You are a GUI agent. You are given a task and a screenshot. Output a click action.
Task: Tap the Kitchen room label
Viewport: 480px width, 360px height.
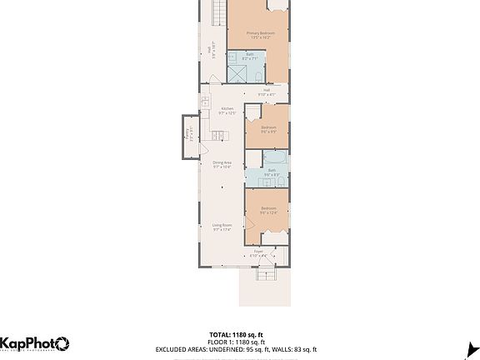coord(227,110)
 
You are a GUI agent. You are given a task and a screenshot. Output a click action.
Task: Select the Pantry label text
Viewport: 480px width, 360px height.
coord(189,136)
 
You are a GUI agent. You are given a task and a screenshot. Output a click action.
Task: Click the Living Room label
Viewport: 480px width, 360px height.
coord(221,227)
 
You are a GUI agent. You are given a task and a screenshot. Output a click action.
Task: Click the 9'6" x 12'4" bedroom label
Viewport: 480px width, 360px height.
coord(267,211)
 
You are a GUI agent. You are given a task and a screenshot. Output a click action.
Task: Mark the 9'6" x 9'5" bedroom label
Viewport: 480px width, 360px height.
coord(267,130)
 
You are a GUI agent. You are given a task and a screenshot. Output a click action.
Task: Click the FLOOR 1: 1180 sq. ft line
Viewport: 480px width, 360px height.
coord(240,342)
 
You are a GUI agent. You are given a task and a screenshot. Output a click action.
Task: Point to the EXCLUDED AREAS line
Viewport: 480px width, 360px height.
coord(240,350)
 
